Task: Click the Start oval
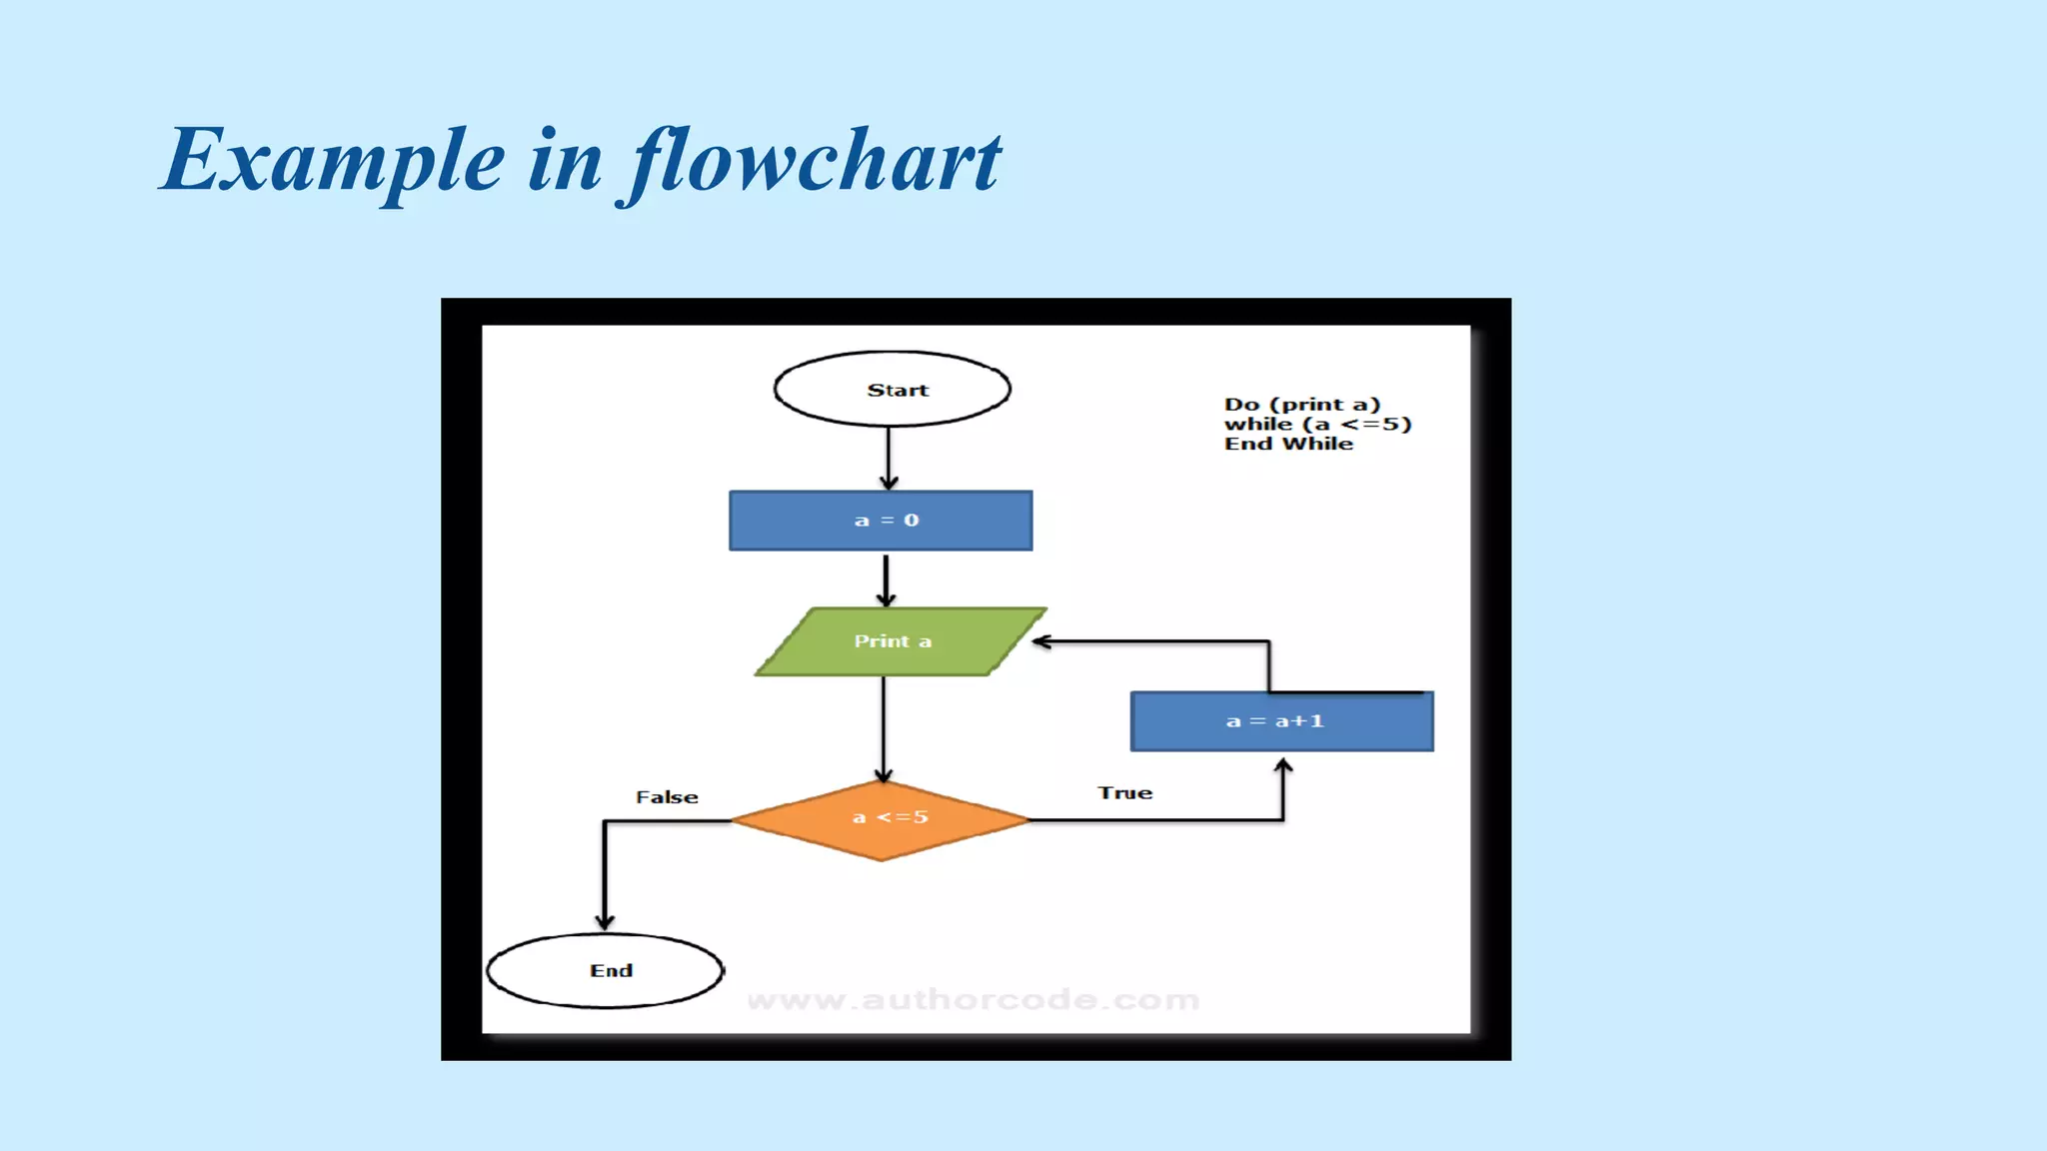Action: tap(892, 390)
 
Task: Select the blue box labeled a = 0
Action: tap(881, 521)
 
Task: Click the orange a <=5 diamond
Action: tap(882, 819)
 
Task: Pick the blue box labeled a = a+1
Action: tap(1281, 721)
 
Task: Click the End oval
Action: tap(606, 970)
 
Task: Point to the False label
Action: tap(667, 797)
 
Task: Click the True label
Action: tap(1125, 793)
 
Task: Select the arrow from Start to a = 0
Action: tap(889, 458)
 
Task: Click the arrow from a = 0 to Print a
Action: tap(886, 579)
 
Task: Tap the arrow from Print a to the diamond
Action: tap(884, 727)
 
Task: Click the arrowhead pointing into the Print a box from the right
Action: tap(1041, 641)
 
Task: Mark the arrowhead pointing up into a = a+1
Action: tap(1283, 766)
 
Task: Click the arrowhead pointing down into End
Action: tap(605, 921)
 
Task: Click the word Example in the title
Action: tap(334, 162)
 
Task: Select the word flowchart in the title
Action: tap(815, 162)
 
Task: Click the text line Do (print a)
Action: tap(1301, 405)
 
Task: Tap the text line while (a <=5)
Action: tap(1317, 425)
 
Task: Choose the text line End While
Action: tap(1288, 445)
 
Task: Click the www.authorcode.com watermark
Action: tap(973, 1000)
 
